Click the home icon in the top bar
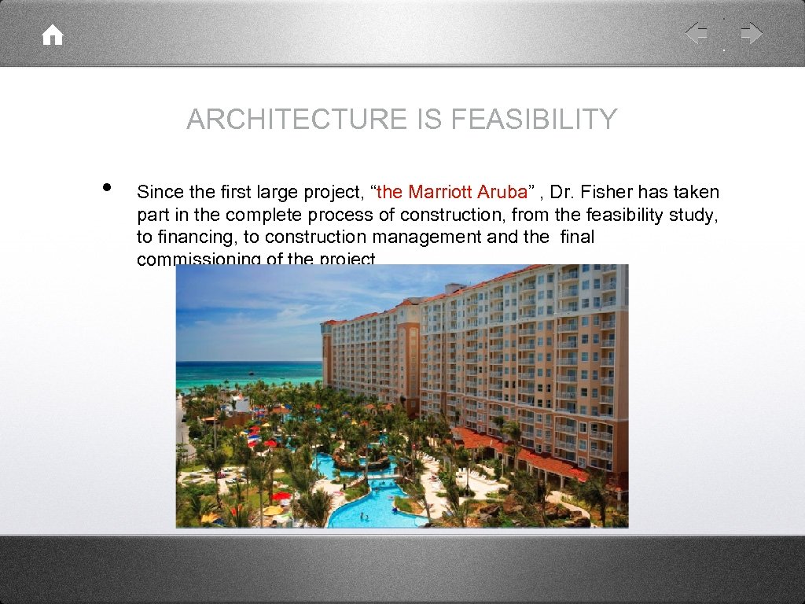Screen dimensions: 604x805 pos(53,35)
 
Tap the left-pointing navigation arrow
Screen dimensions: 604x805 pos(696,33)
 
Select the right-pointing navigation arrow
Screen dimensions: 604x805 pos(752,33)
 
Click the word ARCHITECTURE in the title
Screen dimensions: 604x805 pos(294,120)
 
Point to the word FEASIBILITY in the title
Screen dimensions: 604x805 pos(535,120)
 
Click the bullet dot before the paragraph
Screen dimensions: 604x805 pos(106,188)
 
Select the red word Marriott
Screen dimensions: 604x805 pos(441,192)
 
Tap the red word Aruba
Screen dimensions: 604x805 pos(503,192)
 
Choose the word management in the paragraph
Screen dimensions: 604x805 pos(433,238)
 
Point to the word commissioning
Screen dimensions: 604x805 pos(199,259)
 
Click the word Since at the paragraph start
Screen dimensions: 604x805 pos(160,192)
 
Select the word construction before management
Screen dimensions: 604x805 pos(318,238)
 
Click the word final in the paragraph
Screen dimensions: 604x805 pos(577,238)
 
